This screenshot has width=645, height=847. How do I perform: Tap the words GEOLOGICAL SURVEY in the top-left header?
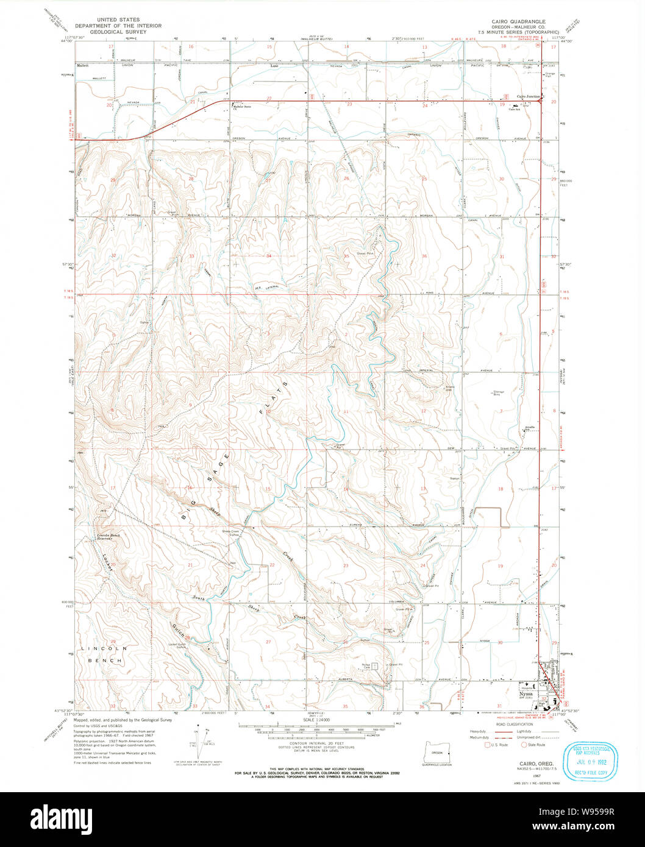pyautogui.click(x=118, y=31)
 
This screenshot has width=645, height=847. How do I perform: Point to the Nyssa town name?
pyautogui.click(x=525, y=693)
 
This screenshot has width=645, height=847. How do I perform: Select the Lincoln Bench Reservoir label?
pyautogui.click(x=109, y=536)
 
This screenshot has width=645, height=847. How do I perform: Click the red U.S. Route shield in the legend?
pyautogui.click(x=486, y=745)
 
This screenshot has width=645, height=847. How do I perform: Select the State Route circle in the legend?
pyautogui.click(x=524, y=745)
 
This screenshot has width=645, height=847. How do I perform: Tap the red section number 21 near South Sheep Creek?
pyautogui.click(x=190, y=565)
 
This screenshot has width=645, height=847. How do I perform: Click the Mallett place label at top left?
pyautogui.click(x=82, y=65)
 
